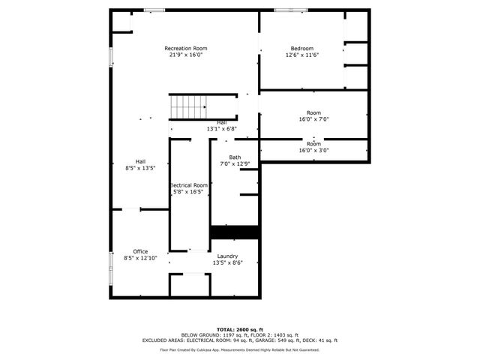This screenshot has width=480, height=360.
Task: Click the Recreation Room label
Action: point(186,49)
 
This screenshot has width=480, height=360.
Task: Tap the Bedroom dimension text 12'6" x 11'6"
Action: point(302,55)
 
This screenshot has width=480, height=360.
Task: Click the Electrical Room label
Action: point(189,185)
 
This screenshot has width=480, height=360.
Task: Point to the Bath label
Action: point(235,157)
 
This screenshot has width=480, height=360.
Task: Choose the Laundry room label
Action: point(227,256)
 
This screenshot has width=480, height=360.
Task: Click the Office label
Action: point(140,251)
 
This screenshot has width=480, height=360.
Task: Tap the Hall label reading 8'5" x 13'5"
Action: point(140,167)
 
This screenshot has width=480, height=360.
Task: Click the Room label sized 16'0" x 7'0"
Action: point(313,112)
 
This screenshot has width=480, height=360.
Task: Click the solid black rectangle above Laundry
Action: point(235,232)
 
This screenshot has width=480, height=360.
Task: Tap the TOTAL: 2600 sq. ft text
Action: point(239,329)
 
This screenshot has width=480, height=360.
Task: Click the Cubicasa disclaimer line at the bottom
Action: point(239,349)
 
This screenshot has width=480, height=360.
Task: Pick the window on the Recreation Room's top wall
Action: point(154,10)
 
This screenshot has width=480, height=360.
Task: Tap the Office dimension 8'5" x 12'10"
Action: point(140,258)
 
